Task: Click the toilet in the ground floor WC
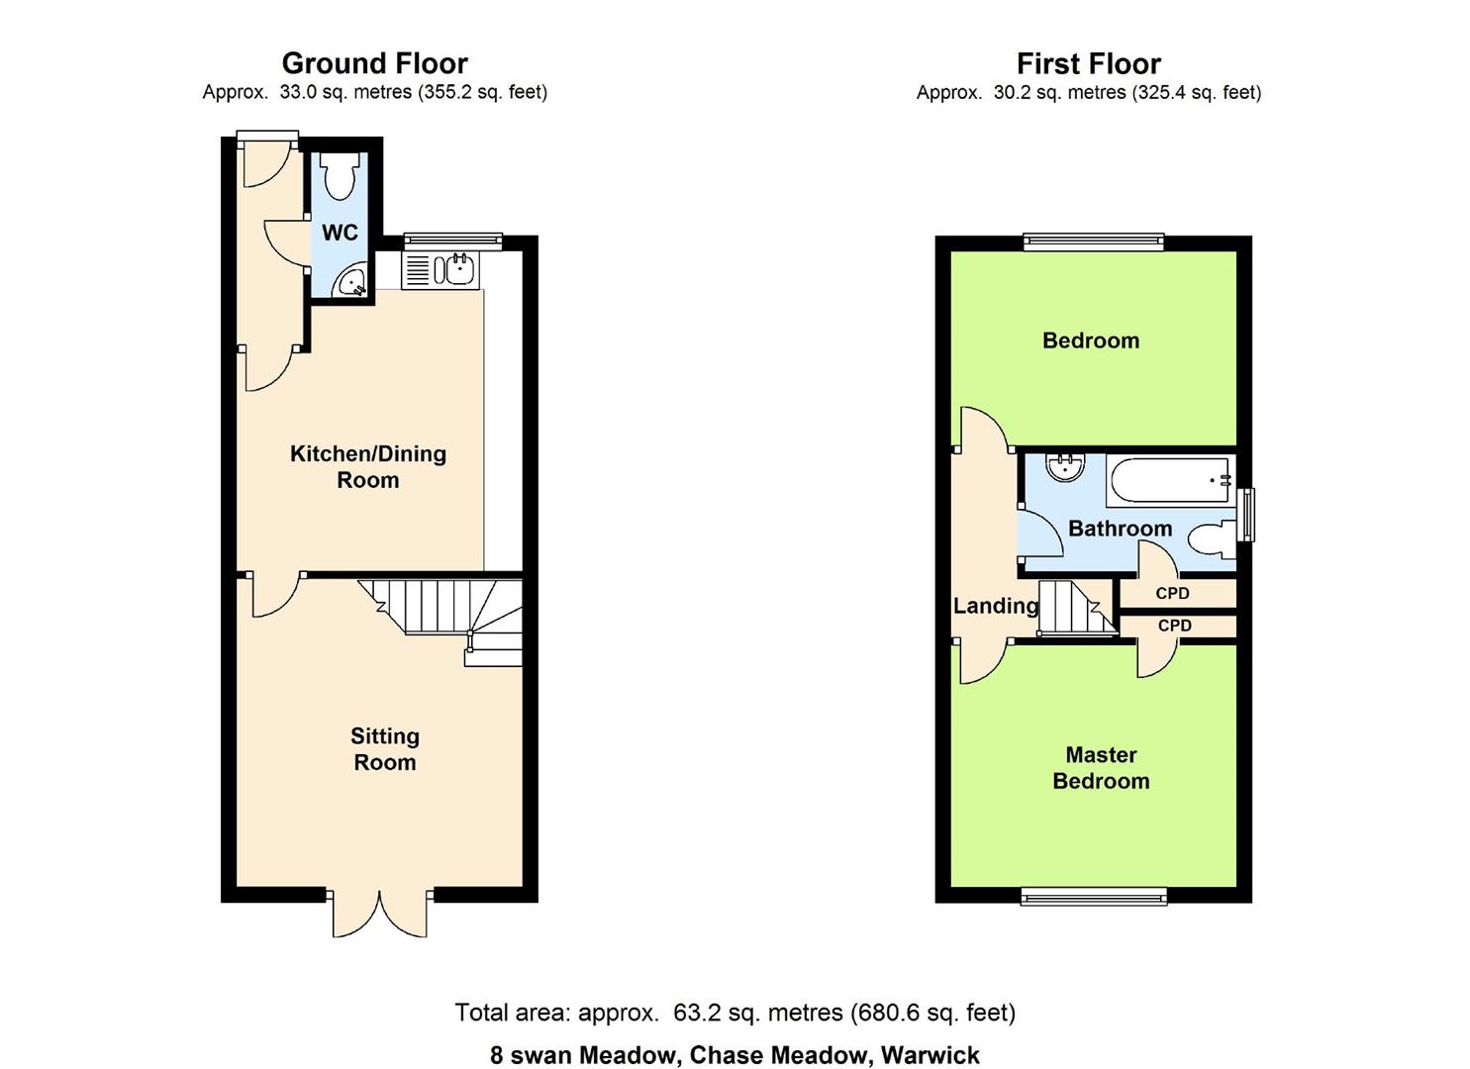pos(340,176)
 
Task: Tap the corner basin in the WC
pos(352,283)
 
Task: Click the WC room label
pos(340,233)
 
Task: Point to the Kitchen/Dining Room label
pos(368,467)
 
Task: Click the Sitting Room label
pos(385,749)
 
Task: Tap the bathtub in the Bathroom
pos(1170,480)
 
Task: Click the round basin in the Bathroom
pos(1066,467)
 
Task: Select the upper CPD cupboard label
pos(1173,594)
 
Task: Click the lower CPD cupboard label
pos(1175,627)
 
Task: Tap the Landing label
pos(996,606)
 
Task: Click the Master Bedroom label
pos(1101,768)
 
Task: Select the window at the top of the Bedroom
pos(1093,241)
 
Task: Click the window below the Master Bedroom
pos(1094,896)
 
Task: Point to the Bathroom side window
pos(1246,515)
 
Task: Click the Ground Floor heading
pos(374,63)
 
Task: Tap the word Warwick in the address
pos(931,1055)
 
